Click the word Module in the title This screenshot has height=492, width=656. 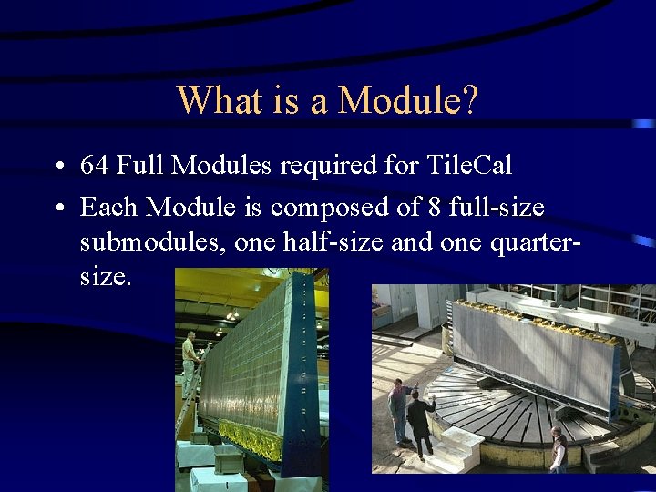pos(406,99)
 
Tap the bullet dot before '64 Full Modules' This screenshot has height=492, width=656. pos(57,168)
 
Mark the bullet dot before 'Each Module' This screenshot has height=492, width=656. pos(57,210)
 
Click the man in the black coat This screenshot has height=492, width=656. pos(420,421)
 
